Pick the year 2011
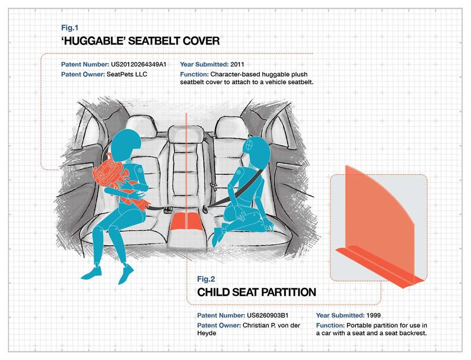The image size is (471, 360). pos(238,64)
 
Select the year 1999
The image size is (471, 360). pos(373,316)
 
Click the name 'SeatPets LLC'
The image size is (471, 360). pos(127,74)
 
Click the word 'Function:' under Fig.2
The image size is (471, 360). pos(330,325)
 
